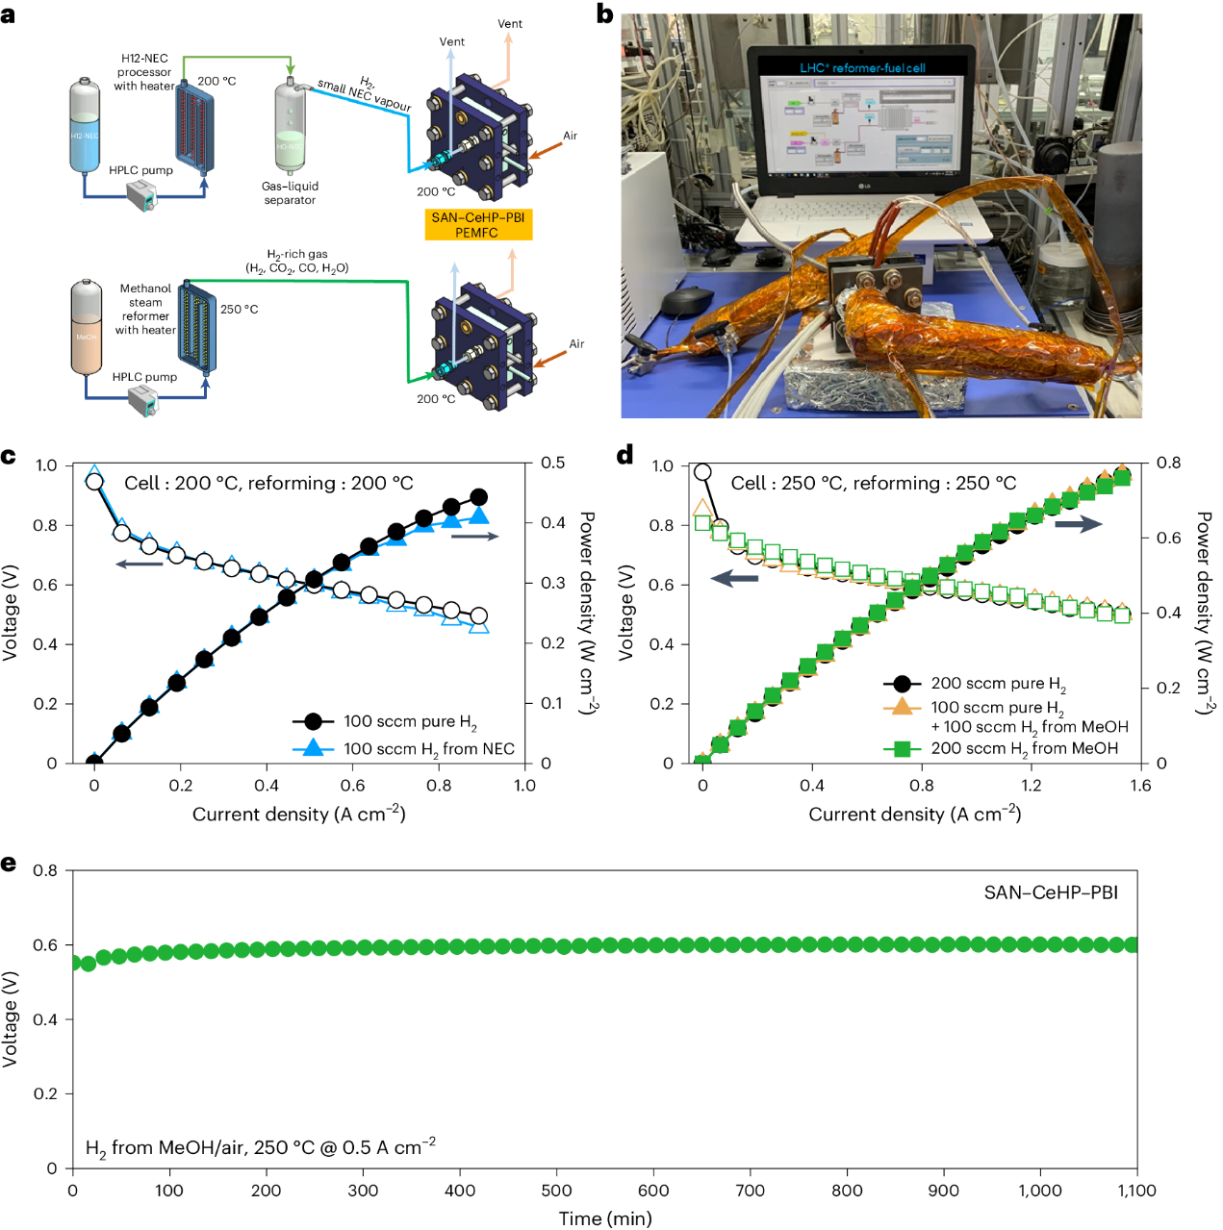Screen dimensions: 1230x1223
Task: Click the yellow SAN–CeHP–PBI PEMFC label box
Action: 477,225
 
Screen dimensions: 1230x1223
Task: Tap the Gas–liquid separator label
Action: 290,193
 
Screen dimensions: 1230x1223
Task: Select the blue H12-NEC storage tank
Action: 85,128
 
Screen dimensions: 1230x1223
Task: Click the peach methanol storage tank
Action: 87,328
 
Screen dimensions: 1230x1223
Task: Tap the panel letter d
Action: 625,455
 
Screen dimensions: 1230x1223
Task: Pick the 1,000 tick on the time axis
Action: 1040,1191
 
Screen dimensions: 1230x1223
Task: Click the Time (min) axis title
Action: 605,1218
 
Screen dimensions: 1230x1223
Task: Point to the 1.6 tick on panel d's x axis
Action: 1140,785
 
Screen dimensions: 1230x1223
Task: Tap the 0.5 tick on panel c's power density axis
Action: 552,464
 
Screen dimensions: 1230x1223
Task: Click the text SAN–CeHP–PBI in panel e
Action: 1051,892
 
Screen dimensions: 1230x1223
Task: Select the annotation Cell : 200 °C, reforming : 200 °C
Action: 268,483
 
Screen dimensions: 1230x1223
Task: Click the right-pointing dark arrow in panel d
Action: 1078,524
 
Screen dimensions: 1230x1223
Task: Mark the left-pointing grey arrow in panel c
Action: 140,564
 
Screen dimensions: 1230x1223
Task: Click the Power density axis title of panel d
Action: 1204,613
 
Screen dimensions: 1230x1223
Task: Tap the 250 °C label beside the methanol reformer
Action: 239,309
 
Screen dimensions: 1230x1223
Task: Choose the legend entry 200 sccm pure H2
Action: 998,684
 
